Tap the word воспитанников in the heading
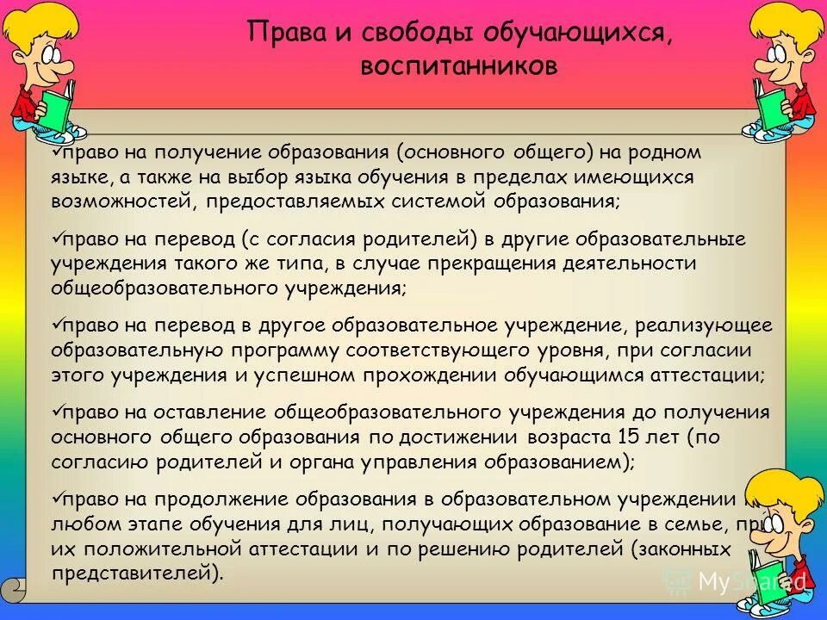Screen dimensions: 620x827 pyautogui.click(x=458, y=66)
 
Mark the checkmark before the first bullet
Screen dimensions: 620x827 pyautogui.click(x=58, y=151)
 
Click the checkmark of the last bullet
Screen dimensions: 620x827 pyautogui.click(x=58, y=498)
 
